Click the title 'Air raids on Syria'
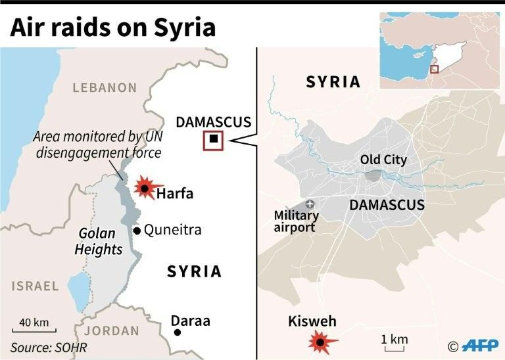[x=112, y=28]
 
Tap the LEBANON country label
[x=105, y=87]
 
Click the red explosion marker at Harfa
[x=144, y=188]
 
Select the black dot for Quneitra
[x=137, y=231]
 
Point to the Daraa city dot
[x=177, y=333]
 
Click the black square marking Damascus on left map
[x=213, y=140]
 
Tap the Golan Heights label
[x=99, y=241]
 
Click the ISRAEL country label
[x=34, y=286]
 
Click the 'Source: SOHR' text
[x=49, y=347]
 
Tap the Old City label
[x=383, y=160]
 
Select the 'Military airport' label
[x=296, y=221]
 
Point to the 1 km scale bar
[x=395, y=347]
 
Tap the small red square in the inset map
[x=434, y=69]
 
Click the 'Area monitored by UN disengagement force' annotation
[x=98, y=145]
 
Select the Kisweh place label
[x=312, y=322]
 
